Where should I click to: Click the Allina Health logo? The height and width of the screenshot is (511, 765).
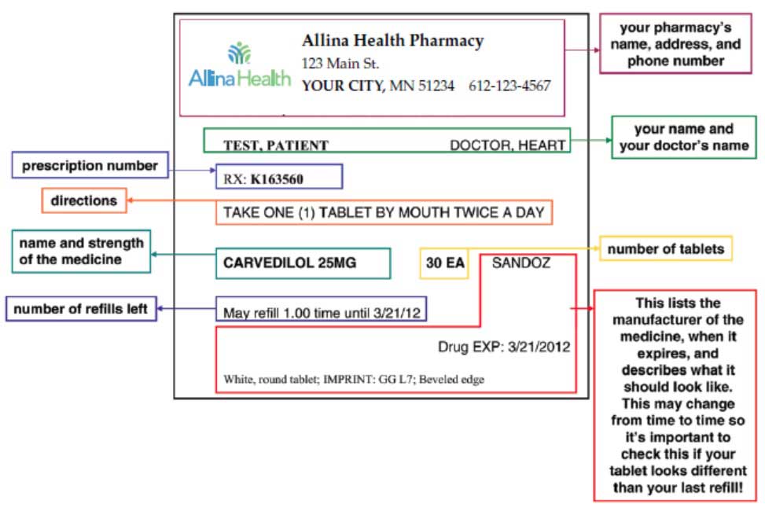[239, 66]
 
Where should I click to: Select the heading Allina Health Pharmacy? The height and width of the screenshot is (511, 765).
[392, 41]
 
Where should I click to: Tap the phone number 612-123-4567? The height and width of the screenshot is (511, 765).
[509, 86]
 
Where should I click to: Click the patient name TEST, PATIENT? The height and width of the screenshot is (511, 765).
[276, 145]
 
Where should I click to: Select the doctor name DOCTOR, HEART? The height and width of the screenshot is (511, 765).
[507, 145]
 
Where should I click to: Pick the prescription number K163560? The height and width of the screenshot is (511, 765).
[277, 179]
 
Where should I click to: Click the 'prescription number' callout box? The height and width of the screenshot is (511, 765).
[90, 166]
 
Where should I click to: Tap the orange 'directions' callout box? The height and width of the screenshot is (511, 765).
[83, 200]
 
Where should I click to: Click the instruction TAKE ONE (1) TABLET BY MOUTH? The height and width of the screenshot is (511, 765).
[384, 213]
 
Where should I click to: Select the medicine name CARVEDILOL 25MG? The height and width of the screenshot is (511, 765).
[289, 263]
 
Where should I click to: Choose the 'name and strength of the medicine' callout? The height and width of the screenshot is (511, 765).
[81, 251]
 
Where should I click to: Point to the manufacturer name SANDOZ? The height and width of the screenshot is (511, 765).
[520, 263]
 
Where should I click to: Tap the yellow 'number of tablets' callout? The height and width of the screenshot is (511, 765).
[666, 249]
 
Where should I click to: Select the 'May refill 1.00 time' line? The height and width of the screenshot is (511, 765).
[322, 313]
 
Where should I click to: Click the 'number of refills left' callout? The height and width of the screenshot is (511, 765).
[81, 309]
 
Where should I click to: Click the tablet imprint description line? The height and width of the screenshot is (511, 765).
[354, 380]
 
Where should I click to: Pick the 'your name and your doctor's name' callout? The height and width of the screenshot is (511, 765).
[683, 137]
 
